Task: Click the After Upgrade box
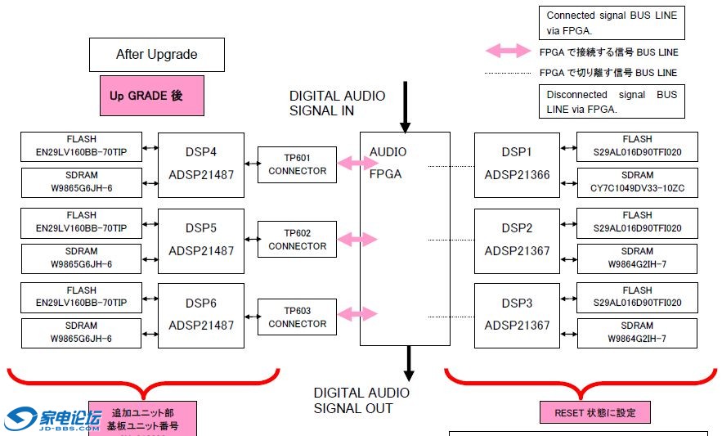[x=156, y=55]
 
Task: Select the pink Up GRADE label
[x=151, y=96]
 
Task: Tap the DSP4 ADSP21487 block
[x=200, y=164]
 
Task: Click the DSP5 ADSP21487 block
[x=200, y=240]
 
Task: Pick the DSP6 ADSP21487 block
[x=200, y=314]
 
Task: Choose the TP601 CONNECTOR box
[x=297, y=164]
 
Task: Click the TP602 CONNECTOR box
[x=297, y=240]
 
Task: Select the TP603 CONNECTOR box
[x=297, y=317]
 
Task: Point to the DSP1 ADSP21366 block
[x=517, y=164]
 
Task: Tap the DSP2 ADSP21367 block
[x=517, y=240]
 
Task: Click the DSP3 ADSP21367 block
[x=517, y=314]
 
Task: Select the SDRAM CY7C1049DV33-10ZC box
[x=637, y=182]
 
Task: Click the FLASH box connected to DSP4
[x=81, y=146]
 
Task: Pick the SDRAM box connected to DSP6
[x=81, y=332]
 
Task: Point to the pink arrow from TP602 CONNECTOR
[x=357, y=240]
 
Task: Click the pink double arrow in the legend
[x=508, y=51]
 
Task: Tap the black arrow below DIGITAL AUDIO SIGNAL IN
[x=405, y=106]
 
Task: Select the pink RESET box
[x=594, y=412]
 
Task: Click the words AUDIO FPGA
[x=388, y=163]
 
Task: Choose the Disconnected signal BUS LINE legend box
[x=611, y=101]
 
